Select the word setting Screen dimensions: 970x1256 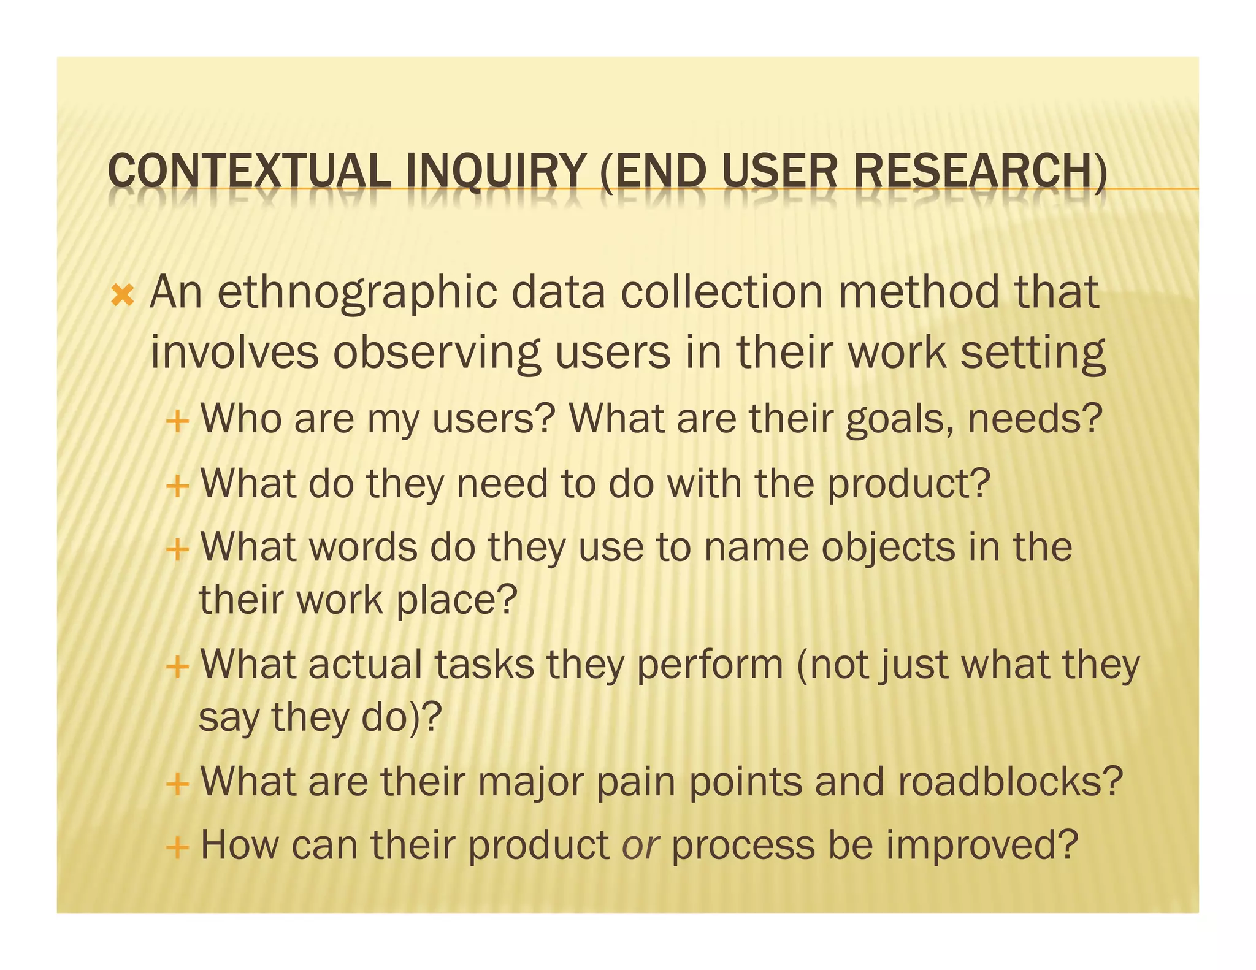coord(1033,354)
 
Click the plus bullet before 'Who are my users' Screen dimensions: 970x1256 coord(177,422)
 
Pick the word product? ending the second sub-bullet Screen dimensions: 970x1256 coord(909,485)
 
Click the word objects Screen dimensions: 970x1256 coord(888,548)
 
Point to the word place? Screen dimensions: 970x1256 coord(457,600)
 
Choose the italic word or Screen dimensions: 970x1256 coord(640,846)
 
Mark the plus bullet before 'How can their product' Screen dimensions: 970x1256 coord(177,849)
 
